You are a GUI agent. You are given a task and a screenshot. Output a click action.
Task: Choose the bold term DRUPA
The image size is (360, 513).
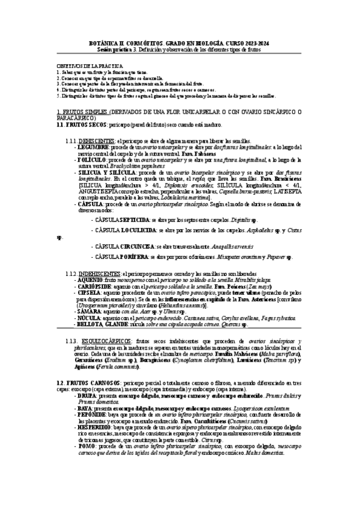[x=85, y=396]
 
